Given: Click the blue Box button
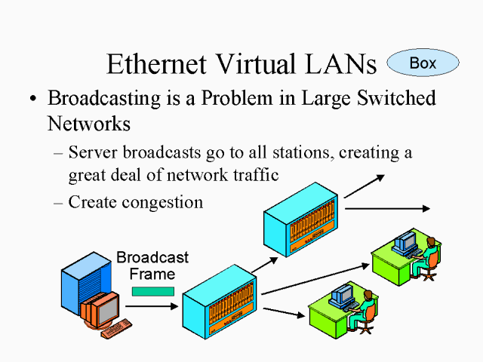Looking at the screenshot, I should (x=423, y=63).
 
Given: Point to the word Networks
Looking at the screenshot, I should (x=89, y=122).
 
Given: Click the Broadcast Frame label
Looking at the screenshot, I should (x=152, y=265).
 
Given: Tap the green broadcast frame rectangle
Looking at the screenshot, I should (x=152, y=290).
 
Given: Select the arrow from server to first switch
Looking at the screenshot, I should (x=151, y=306).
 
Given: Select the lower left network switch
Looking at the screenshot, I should (x=219, y=302).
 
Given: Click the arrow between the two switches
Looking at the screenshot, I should (x=265, y=263).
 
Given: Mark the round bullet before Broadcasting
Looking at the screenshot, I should (x=32, y=100).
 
